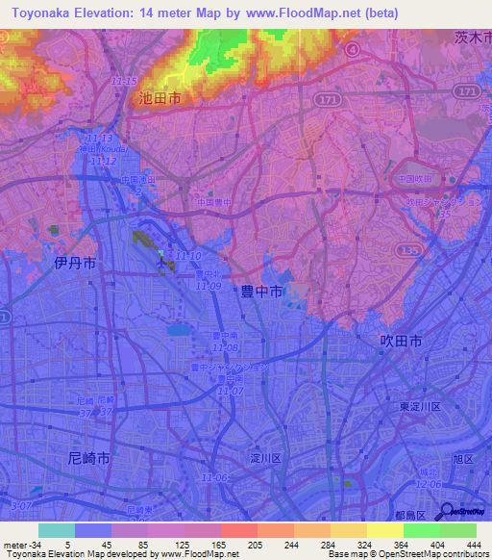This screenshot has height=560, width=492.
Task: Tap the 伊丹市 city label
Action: point(74,262)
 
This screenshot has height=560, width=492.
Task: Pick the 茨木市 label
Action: point(473,38)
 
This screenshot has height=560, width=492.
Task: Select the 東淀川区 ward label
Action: point(420,408)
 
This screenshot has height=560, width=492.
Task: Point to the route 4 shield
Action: point(353,48)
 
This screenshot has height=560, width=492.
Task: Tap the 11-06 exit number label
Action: point(214,478)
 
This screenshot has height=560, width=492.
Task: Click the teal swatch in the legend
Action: point(56,530)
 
